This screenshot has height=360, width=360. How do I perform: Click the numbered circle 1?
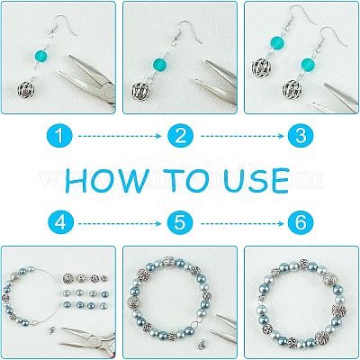[59, 136]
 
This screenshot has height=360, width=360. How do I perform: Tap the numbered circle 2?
[180, 136]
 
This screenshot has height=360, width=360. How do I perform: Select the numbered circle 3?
[301, 136]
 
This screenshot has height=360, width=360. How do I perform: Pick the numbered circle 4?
[60, 223]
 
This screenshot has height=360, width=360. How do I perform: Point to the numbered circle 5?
[180, 223]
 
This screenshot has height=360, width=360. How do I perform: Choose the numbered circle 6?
[301, 223]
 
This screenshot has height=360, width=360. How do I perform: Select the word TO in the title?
[188, 180]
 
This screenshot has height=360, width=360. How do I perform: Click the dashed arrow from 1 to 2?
[120, 136]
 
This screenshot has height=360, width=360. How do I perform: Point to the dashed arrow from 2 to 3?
[242, 136]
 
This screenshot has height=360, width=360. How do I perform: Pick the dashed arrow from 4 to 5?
[120, 223]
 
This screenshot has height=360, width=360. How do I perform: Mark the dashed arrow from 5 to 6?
[242, 223]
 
